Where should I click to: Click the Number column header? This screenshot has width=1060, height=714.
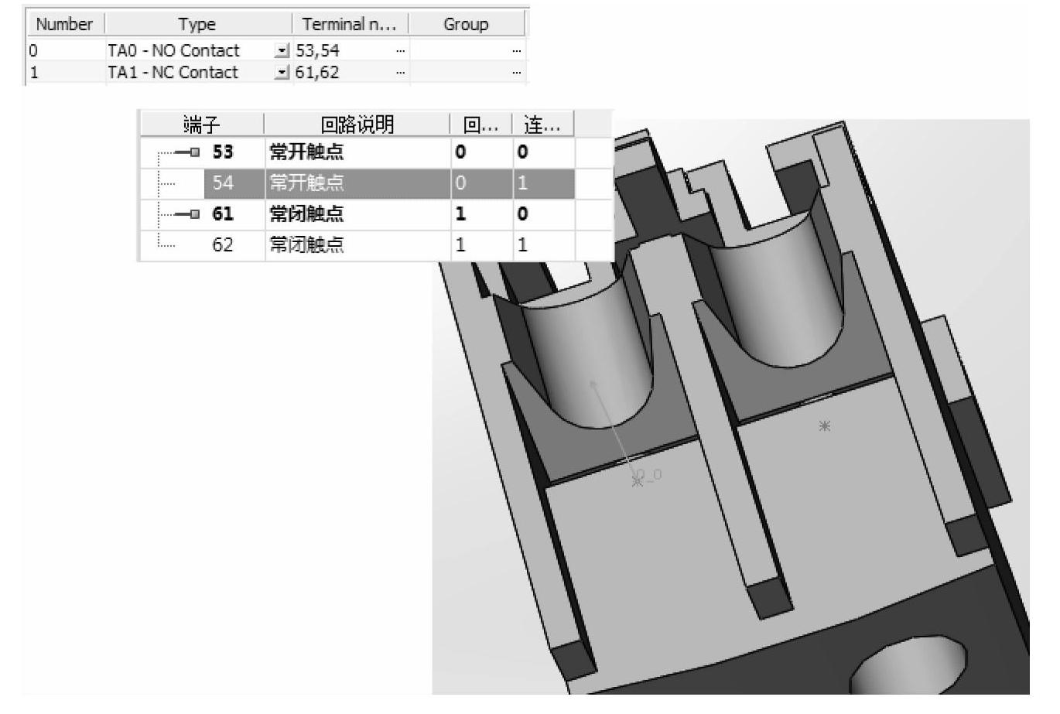point(64,24)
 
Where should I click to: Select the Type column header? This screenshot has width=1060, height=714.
point(197,24)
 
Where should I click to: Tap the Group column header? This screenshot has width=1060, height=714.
point(466,24)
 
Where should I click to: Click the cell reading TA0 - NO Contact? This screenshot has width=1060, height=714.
point(173,50)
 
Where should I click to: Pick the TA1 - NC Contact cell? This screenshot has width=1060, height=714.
point(173,73)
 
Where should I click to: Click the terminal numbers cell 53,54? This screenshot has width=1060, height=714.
point(317,50)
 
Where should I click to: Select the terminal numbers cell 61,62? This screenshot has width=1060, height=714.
point(317,73)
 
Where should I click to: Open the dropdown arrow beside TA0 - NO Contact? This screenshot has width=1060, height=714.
point(282,50)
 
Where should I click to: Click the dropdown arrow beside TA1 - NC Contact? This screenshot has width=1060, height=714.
point(282,73)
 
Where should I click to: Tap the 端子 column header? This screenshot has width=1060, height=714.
point(202,125)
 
